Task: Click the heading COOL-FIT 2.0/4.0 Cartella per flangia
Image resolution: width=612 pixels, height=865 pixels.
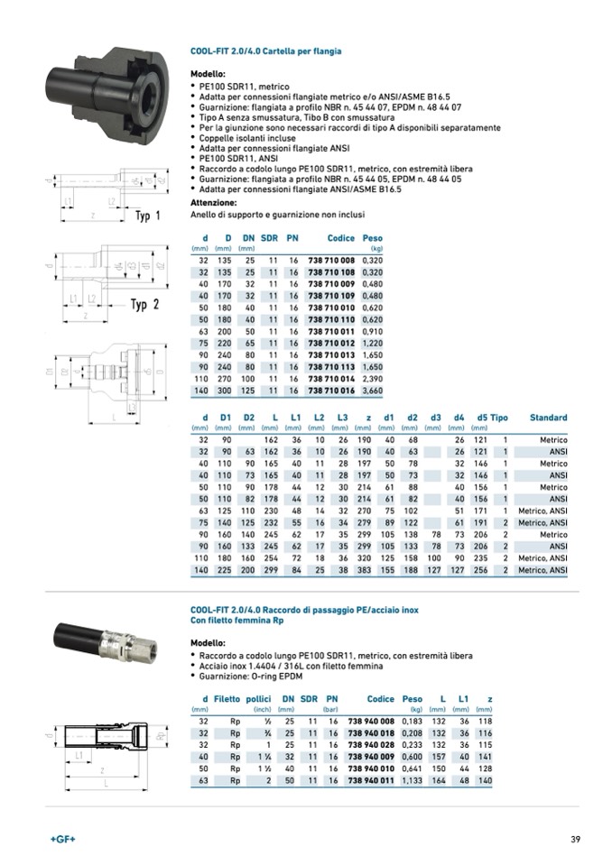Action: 265,51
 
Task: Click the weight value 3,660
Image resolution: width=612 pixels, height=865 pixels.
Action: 372,391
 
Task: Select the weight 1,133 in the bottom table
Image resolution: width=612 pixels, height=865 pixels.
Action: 412,779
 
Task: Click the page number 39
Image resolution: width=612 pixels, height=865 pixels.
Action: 575,840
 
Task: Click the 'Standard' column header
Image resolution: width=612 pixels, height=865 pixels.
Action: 548,418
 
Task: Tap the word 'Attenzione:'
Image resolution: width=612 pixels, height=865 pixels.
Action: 213,203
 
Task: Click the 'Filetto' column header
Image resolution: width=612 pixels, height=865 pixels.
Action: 227,699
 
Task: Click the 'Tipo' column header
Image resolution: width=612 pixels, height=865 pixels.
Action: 499,418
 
